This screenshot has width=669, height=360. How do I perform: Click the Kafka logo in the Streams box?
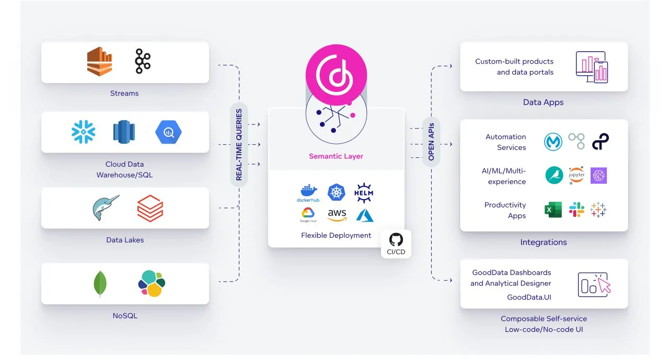[142, 62]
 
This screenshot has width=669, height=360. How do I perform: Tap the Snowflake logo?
[83, 132]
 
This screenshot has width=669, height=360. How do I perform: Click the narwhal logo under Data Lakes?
[105, 207]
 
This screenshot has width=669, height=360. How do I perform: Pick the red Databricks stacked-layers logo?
[150, 208]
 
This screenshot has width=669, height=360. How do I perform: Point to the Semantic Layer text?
[336, 156]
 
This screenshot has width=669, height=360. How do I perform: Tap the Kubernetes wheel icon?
[337, 192]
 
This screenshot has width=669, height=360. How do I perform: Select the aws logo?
[337, 214]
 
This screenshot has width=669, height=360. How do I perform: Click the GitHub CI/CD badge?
[396, 244]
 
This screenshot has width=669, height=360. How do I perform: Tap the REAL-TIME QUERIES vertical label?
[239, 145]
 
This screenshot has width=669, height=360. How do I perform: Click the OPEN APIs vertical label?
[431, 142]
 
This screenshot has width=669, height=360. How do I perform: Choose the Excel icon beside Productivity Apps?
[553, 210]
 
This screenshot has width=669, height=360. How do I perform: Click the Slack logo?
[576, 210]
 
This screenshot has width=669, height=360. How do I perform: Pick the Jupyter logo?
[576, 175]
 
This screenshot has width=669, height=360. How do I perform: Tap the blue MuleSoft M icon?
[553, 142]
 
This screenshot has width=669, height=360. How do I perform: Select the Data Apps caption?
[543, 102]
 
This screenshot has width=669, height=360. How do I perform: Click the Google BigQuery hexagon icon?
[167, 132]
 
